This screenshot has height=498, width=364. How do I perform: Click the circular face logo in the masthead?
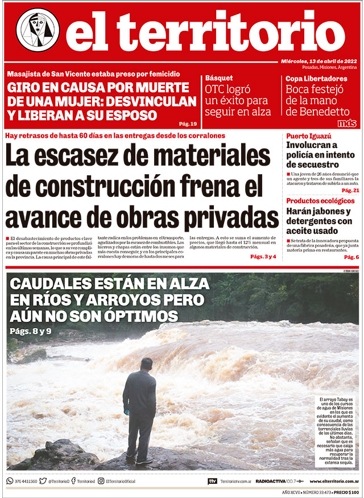pyautogui.click(x=38, y=30)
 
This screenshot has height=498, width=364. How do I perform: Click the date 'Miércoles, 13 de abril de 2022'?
pyautogui.click(x=320, y=61)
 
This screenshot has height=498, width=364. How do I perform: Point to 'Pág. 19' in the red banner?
pyautogui.click(x=188, y=124)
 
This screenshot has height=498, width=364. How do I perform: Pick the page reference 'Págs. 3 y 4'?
pyautogui.click(x=263, y=257)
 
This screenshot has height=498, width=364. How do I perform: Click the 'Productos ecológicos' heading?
pyautogui.click(x=322, y=201)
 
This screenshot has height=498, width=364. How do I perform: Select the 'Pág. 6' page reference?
pyautogui.click(x=351, y=257)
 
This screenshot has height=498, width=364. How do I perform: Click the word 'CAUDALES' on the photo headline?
pyautogui.click(x=53, y=283)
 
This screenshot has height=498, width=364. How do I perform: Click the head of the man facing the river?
pyautogui.click(x=146, y=363)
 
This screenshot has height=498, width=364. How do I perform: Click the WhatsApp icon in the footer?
pyautogui.click(x=10, y=481)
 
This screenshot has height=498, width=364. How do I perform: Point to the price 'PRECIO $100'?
pyautogui.click(x=346, y=492)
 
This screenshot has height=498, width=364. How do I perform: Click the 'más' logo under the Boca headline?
pyautogui.click(x=346, y=123)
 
